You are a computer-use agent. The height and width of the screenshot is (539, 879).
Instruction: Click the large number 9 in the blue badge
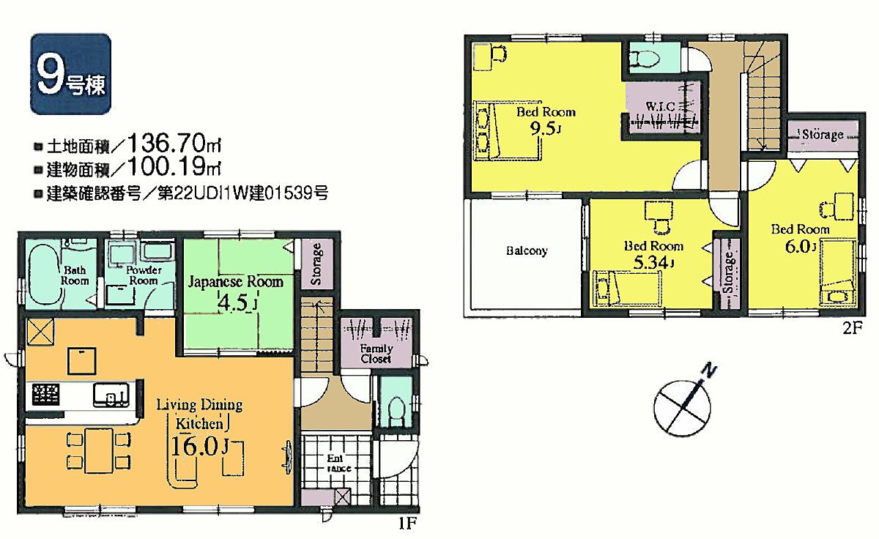point(51,75)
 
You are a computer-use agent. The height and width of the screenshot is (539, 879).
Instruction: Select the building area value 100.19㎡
point(174,166)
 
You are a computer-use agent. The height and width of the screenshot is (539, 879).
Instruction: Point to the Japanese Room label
point(235,281)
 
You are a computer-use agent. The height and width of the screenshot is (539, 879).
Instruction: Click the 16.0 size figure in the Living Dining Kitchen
point(195,446)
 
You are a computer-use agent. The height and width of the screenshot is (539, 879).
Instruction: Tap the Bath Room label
point(75,275)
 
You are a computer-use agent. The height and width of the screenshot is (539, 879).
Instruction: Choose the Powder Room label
point(144,275)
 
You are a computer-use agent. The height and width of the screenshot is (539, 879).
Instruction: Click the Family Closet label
point(376,353)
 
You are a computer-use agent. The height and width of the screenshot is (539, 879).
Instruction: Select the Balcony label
point(527,250)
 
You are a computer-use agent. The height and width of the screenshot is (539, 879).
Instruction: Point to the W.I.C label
point(660,106)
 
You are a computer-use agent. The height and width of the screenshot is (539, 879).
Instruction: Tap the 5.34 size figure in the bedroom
point(650,262)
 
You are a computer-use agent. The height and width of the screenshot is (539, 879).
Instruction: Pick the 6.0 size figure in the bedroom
point(798,246)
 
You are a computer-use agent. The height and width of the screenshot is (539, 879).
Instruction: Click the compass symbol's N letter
point(709,371)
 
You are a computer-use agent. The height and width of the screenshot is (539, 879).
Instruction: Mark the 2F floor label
point(853,328)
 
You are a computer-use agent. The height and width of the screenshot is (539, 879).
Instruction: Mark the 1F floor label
point(407,524)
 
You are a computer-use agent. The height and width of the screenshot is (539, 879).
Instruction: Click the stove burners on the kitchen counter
point(46,395)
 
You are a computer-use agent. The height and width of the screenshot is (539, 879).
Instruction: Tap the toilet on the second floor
point(645,59)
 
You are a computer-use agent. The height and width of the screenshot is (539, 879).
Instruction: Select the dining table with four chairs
point(99,450)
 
